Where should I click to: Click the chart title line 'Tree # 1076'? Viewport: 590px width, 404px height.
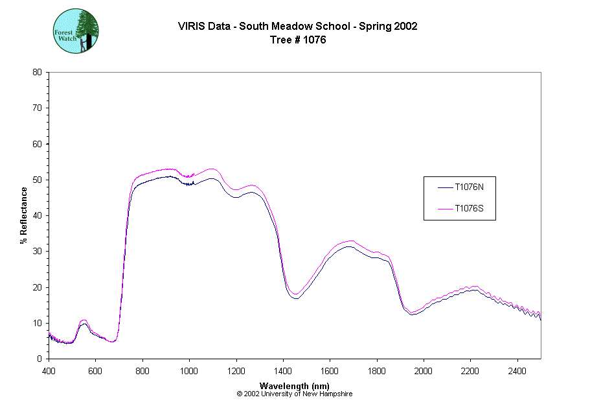click(x=297, y=40)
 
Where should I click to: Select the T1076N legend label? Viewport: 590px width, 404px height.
click(x=468, y=187)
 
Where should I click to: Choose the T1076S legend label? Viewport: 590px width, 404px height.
click(x=468, y=208)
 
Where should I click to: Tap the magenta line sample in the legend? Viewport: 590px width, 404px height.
click(x=444, y=208)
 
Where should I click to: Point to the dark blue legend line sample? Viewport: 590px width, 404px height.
click(x=444, y=187)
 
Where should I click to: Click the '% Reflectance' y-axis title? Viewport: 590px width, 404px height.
click(x=24, y=215)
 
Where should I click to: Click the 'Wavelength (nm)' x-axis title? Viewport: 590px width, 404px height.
click(x=294, y=386)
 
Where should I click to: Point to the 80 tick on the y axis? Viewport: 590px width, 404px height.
click(x=38, y=72)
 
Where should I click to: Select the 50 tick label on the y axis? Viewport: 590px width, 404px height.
click(x=38, y=180)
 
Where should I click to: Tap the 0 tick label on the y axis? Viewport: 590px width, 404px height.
click(x=40, y=359)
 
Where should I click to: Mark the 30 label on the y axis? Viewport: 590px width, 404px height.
click(x=38, y=251)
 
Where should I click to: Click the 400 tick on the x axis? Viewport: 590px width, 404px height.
click(x=49, y=370)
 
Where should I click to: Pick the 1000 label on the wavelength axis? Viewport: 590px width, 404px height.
click(x=189, y=370)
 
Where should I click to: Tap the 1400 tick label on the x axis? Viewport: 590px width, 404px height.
click(x=283, y=370)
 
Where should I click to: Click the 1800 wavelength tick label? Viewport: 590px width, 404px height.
click(x=377, y=370)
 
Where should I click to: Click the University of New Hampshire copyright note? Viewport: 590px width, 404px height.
click(x=294, y=394)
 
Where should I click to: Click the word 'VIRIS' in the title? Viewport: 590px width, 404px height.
click(x=192, y=27)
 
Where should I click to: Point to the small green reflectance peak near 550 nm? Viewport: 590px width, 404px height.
click(x=83, y=322)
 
